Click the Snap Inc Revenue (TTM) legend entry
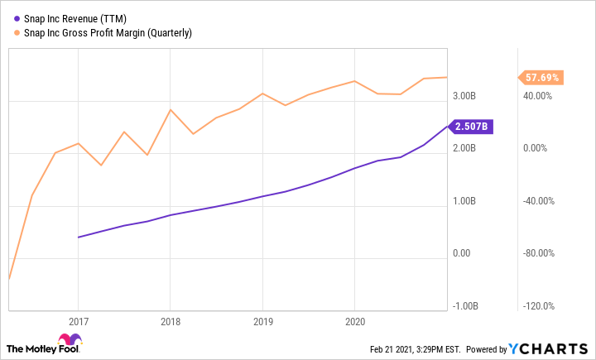pos(74,18)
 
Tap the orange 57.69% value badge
pos(541,78)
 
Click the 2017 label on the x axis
pos(78,320)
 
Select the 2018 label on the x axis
pos(170,320)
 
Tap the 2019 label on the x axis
pos(262,320)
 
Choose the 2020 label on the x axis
pos(354,320)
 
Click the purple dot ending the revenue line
pos(447,127)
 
